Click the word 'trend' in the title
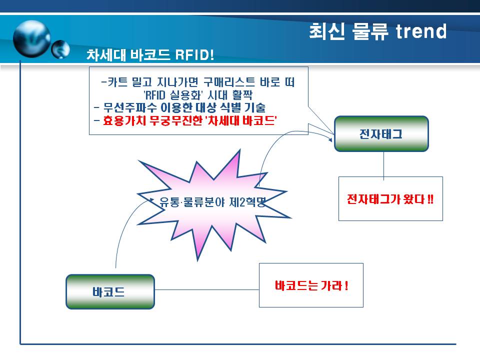click(421, 31)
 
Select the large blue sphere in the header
click(32, 38)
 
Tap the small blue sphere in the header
click(60, 49)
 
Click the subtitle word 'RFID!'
click(194, 55)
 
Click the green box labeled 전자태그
click(381, 134)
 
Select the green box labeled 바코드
click(110, 291)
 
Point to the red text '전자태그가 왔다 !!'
click(390, 199)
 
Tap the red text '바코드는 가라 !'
click(311, 285)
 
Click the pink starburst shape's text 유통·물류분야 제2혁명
click(212, 202)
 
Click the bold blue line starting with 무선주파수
click(179, 107)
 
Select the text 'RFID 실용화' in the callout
click(172, 95)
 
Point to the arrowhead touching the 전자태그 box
click(330, 139)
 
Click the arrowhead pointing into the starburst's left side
click(151, 199)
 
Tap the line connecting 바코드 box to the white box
click(207, 289)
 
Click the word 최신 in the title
click(327, 31)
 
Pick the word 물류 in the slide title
click(370, 31)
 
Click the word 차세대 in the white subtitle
click(106, 55)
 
